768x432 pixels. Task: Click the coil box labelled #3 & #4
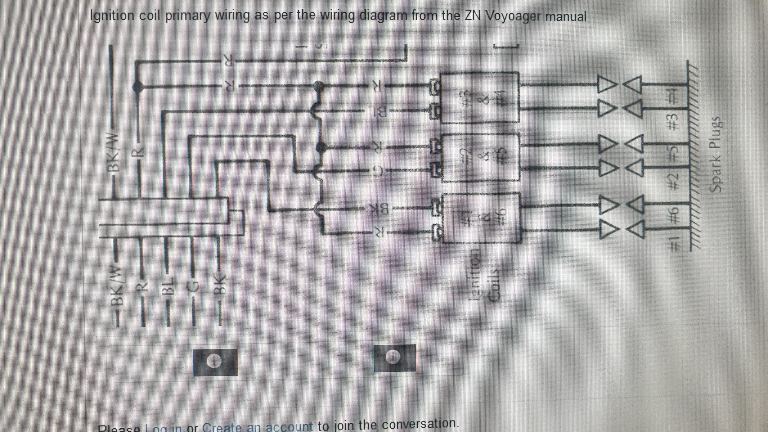480,98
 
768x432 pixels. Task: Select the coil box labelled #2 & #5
480,157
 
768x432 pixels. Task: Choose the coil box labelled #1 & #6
481,218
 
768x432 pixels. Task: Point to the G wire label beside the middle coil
376,169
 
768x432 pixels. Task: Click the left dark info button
215,362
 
